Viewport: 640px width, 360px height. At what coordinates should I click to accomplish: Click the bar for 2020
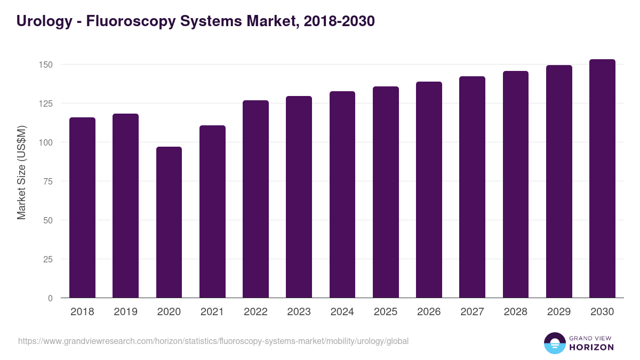(169, 222)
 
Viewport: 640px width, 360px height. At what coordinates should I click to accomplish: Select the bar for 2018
(82, 207)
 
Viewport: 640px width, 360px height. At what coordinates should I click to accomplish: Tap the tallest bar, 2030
(602, 179)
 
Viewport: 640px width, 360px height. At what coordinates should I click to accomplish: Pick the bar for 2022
(255, 199)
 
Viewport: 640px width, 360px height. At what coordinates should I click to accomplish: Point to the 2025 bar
(386, 192)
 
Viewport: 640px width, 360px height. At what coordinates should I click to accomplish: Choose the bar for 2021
(212, 212)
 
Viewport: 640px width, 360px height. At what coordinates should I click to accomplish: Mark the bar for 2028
(516, 185)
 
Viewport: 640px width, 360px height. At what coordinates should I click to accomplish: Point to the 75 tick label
(49, 181)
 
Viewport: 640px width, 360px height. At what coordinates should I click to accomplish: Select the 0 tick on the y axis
(51, 298)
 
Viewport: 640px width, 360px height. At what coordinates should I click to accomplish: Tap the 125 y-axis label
(46, 103)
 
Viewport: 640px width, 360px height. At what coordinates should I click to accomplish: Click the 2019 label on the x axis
(125, 312)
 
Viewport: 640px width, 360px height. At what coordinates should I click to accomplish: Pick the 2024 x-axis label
(342, 312)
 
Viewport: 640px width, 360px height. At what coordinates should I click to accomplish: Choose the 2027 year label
(472, 312)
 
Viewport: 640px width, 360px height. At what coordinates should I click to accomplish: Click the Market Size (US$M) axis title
(21, 172)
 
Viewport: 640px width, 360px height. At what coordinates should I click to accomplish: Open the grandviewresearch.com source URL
(213, 341)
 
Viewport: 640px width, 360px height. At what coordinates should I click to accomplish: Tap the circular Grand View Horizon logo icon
(554, 343)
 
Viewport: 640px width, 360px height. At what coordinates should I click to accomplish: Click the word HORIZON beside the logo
(591, 347)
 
